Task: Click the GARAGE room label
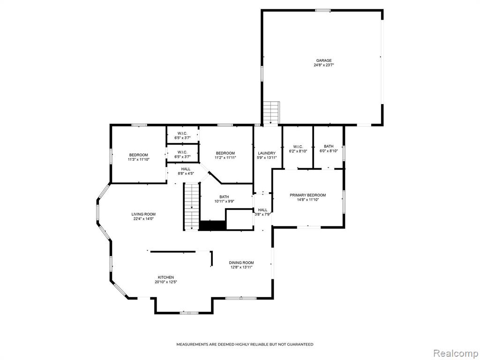[323, 60]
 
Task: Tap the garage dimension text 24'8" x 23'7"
[323, 65]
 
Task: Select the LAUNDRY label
[267, 153]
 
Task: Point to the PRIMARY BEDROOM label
[307, 195]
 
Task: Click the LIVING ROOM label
[143, 214]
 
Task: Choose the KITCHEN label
[166, 277]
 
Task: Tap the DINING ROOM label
[241, 262]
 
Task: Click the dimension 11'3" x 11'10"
[138, 159]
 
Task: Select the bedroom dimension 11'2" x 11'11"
[225, 157]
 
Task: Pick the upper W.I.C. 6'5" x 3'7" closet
[182, 135]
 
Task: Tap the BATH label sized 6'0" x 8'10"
[329, 146]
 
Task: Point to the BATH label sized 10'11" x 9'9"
[224, 197]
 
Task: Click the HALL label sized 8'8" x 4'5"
[186, 169]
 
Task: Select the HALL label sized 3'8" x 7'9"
[262, 210]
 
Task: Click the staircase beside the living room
[192, 206]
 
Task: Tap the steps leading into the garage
[271, 113]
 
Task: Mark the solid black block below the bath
[212, 225]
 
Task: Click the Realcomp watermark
[456, 353]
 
